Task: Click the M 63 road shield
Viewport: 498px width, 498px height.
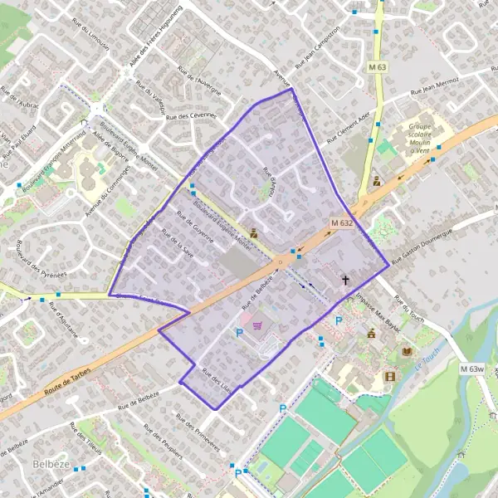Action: point(378,66)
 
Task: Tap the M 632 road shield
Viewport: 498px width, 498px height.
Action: point(341,223)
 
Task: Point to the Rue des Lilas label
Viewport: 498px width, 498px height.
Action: point(216,380)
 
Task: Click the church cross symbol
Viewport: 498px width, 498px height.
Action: point(345,281)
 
